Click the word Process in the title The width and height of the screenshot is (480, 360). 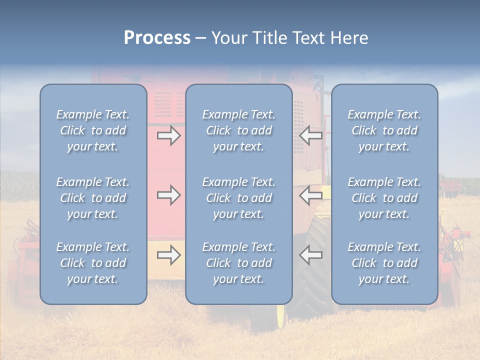(157, 38)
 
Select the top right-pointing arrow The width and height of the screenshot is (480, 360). (168, 135)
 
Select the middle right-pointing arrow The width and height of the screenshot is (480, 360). (168, 195)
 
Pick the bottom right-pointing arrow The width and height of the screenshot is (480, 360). (168, 255)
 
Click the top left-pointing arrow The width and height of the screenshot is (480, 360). (311, 135)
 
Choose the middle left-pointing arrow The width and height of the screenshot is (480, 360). (311, 195)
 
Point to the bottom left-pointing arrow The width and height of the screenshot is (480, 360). (311, 255)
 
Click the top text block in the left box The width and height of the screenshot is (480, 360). (93, 130)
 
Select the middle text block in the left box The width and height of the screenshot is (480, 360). (93, 198)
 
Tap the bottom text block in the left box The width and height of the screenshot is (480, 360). (93, 263)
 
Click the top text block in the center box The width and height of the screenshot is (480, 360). (239, 130)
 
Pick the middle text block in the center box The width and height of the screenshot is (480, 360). (239, 198)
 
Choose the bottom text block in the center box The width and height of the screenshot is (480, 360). (239, 263)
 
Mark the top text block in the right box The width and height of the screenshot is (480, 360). (384, 130)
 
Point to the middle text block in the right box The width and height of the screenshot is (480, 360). (384, 198)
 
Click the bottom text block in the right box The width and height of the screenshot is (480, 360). (384, 263)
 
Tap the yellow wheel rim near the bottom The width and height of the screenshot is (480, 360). (280, 315)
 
